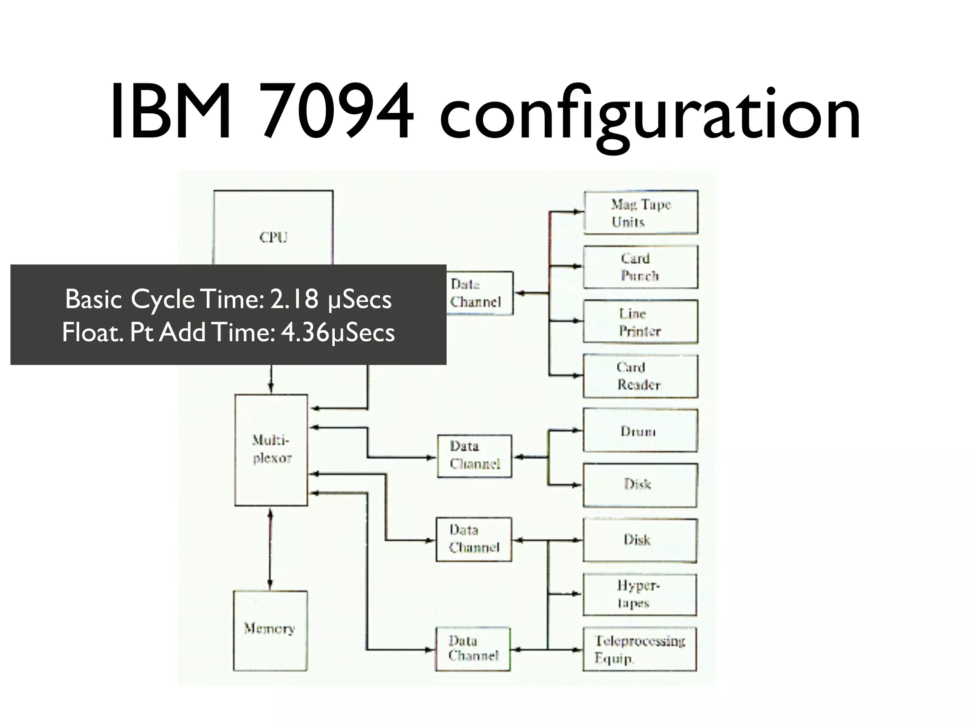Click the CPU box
273,227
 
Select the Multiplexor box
271,449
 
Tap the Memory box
270,630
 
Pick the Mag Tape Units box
641,212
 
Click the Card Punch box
641,267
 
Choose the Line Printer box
641,321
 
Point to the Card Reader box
641,376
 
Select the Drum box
640,430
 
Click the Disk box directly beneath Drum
640,485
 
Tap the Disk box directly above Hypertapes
640,540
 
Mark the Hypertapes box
640,594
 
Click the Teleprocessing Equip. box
640,649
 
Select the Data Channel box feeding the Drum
475,455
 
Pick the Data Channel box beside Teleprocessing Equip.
473,649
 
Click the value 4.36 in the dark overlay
305,332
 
